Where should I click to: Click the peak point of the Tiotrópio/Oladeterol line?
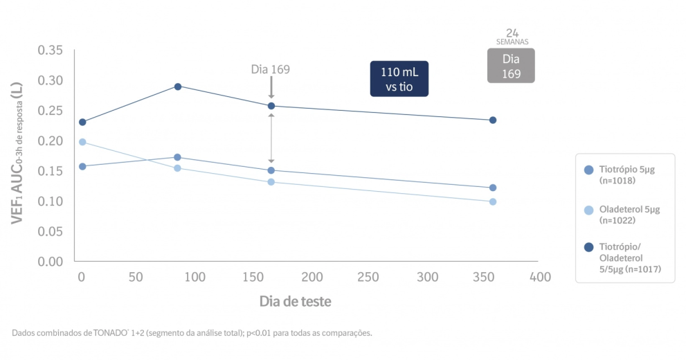point(178,87)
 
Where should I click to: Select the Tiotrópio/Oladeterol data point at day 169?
point(271,106)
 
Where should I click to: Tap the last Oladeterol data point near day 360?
point(493,201)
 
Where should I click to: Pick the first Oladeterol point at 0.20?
point(82,142)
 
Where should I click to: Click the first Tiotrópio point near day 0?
point(82,166)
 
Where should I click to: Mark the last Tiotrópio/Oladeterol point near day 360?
point(493,120)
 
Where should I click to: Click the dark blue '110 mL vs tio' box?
point(399,79)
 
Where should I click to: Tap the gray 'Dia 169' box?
point(511,66)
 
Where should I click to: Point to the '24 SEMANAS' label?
point(512,37)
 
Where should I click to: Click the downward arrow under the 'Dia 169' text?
point(271,87)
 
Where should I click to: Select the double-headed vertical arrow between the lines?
point(271,138)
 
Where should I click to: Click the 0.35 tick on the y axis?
point(51,51)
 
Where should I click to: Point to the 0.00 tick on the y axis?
point(51,262)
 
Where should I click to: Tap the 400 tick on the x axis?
point(540,277)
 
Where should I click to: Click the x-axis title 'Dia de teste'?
point(295,301)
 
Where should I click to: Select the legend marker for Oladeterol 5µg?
point(588,210)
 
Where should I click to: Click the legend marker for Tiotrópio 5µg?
point(588,170)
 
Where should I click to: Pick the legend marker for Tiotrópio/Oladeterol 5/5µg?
point(588,247)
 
